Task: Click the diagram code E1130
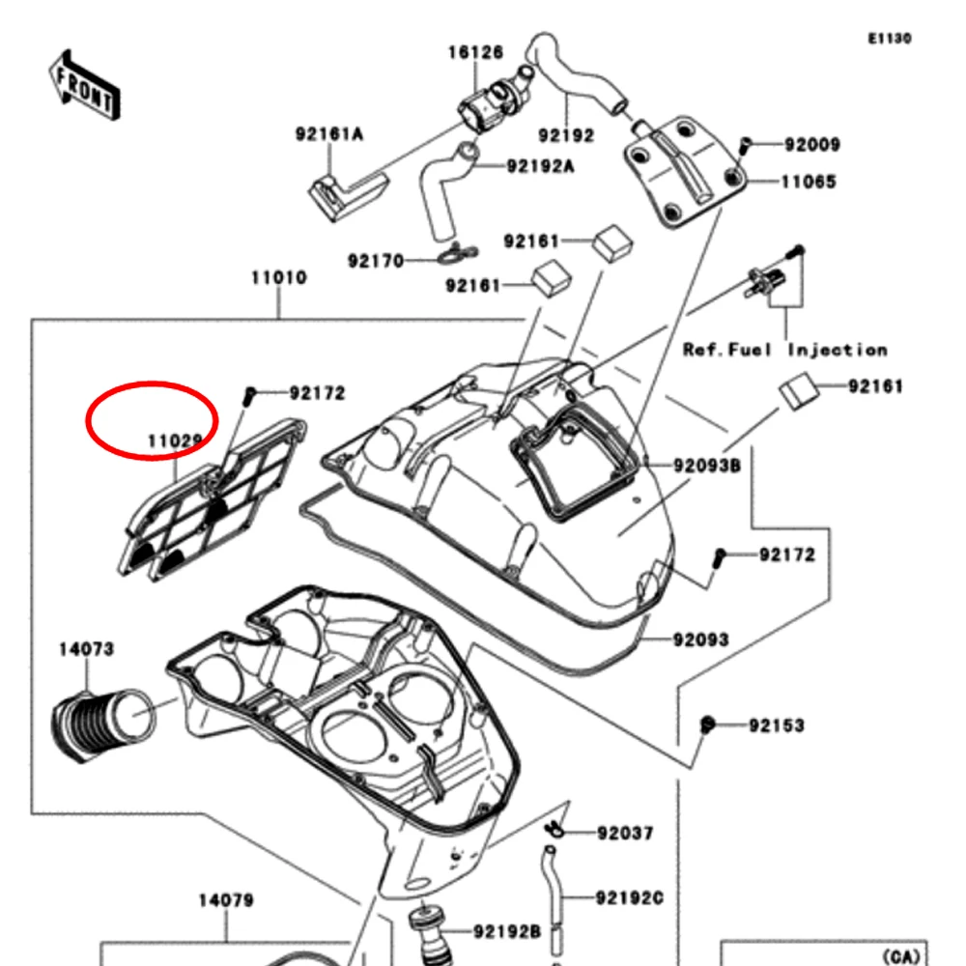(889, 39)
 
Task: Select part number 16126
(475, 51)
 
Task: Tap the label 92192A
(540, 166)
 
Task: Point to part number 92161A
(328, 134)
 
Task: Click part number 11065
(809, 182)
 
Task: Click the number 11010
(279, 278)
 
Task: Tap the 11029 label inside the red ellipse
(175, 441)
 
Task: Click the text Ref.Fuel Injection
(784, 350)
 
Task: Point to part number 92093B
(707, 466)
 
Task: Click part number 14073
(86, 649)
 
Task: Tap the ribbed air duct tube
(97, 720)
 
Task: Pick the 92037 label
(625, 833)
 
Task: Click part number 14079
(226, 900)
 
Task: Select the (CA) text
(904, 956)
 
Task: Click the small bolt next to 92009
(744, 145)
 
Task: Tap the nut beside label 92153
(707, 724)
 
